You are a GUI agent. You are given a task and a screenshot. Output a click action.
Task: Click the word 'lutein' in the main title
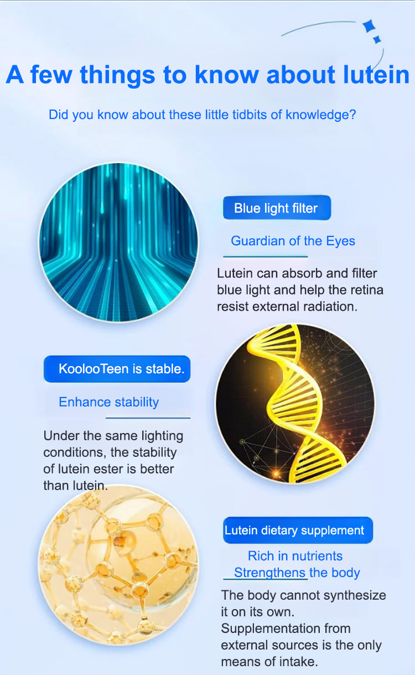376,74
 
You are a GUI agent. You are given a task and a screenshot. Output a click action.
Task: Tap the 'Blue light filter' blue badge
277,208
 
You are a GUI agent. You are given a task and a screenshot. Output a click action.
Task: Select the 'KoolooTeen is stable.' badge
117,369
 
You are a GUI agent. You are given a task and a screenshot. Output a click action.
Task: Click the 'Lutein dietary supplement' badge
298,530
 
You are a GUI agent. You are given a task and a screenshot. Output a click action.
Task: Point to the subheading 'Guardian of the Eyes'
293,241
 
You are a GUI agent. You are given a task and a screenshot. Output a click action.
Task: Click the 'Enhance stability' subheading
108,402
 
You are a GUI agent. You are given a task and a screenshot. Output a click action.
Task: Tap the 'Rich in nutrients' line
295,556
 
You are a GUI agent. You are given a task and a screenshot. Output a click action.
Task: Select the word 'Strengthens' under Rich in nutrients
270,573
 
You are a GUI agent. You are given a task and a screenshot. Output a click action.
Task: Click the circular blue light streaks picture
118,243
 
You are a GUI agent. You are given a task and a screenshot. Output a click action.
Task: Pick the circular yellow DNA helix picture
295,404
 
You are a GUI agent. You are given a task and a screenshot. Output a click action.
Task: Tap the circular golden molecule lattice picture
118,565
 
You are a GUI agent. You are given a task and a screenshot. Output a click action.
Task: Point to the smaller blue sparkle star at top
377,39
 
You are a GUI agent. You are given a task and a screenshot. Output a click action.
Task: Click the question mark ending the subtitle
352,115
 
